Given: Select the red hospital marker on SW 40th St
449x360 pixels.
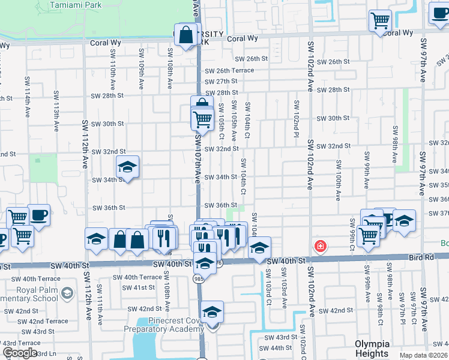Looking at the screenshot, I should pos(321,246).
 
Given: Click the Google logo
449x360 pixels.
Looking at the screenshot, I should pos(20,353).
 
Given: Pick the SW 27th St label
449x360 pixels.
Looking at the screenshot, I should pos(221,81).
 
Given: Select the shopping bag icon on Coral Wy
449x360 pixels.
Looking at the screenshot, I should pos(185,35).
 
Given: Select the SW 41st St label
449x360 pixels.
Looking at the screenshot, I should pos(136,287).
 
